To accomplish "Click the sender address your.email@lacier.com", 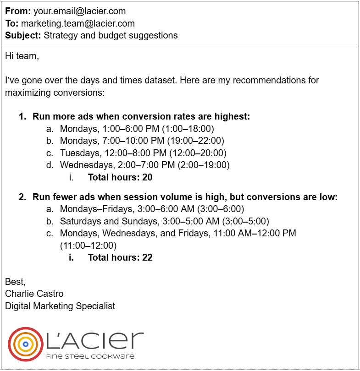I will click(x=79, y=11).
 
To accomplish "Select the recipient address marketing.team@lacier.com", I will click(x=78, y=23).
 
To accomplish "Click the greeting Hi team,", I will click(x=22, y=56).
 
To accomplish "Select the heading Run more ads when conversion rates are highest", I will click(x=141, y=117).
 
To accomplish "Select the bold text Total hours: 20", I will click(x=120, y=177).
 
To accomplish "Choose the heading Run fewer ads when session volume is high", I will click(x=185, y=197).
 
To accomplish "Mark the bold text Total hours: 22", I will click(x=120, y=257).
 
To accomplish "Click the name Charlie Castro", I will click(x=34, y=294).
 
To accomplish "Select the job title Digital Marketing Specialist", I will click(x=60, y=306).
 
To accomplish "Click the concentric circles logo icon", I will click(x=25, y=344).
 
